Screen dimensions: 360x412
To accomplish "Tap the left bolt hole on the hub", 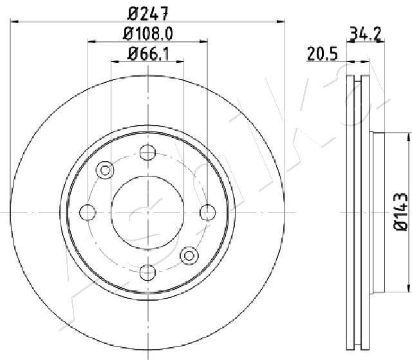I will (87, 213).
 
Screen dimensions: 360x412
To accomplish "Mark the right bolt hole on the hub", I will (207, 213).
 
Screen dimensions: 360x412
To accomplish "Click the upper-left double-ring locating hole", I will (104, 170).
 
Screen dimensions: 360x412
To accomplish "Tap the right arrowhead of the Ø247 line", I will (281, 21).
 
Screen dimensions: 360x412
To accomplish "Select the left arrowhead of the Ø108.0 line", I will (91, 42).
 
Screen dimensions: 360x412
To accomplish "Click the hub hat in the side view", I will (378, 213).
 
